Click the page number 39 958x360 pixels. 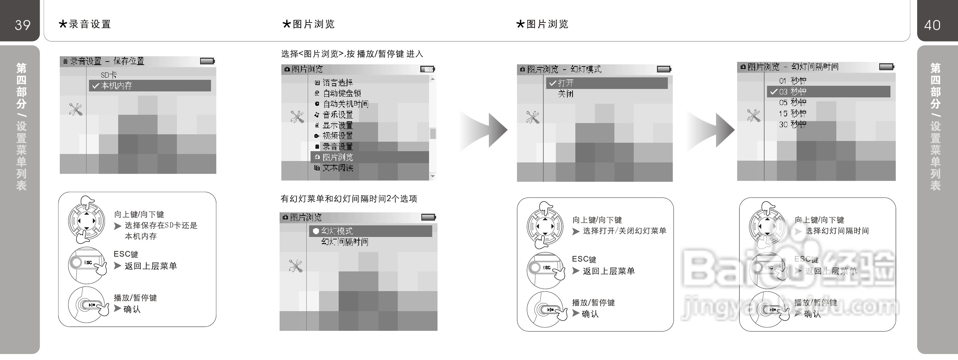pos(22,25)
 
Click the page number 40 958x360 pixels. pos(932,25)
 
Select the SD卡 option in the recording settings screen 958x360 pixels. pos(109,75)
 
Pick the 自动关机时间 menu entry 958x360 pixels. pos(345,104)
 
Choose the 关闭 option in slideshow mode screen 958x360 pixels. pos(565,94)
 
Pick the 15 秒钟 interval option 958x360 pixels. pos(792,113)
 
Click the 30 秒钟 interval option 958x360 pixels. pos(792,124)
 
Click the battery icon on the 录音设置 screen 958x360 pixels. pos(207,61)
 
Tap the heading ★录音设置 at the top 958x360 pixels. pos(85,24)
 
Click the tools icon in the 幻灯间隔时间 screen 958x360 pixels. pos(753,116)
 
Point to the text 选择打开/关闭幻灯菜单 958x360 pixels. pos(624,231)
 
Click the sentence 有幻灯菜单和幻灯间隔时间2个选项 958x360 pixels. pos(349,199)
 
